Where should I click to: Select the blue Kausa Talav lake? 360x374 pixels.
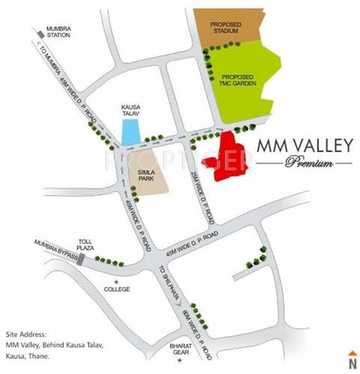click(x=130, y=132)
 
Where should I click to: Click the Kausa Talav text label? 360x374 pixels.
click(x=132, y=111)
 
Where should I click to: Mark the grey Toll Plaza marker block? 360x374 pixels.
click(x=82, y=258)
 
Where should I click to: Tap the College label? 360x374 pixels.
click(x=117, y=289)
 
